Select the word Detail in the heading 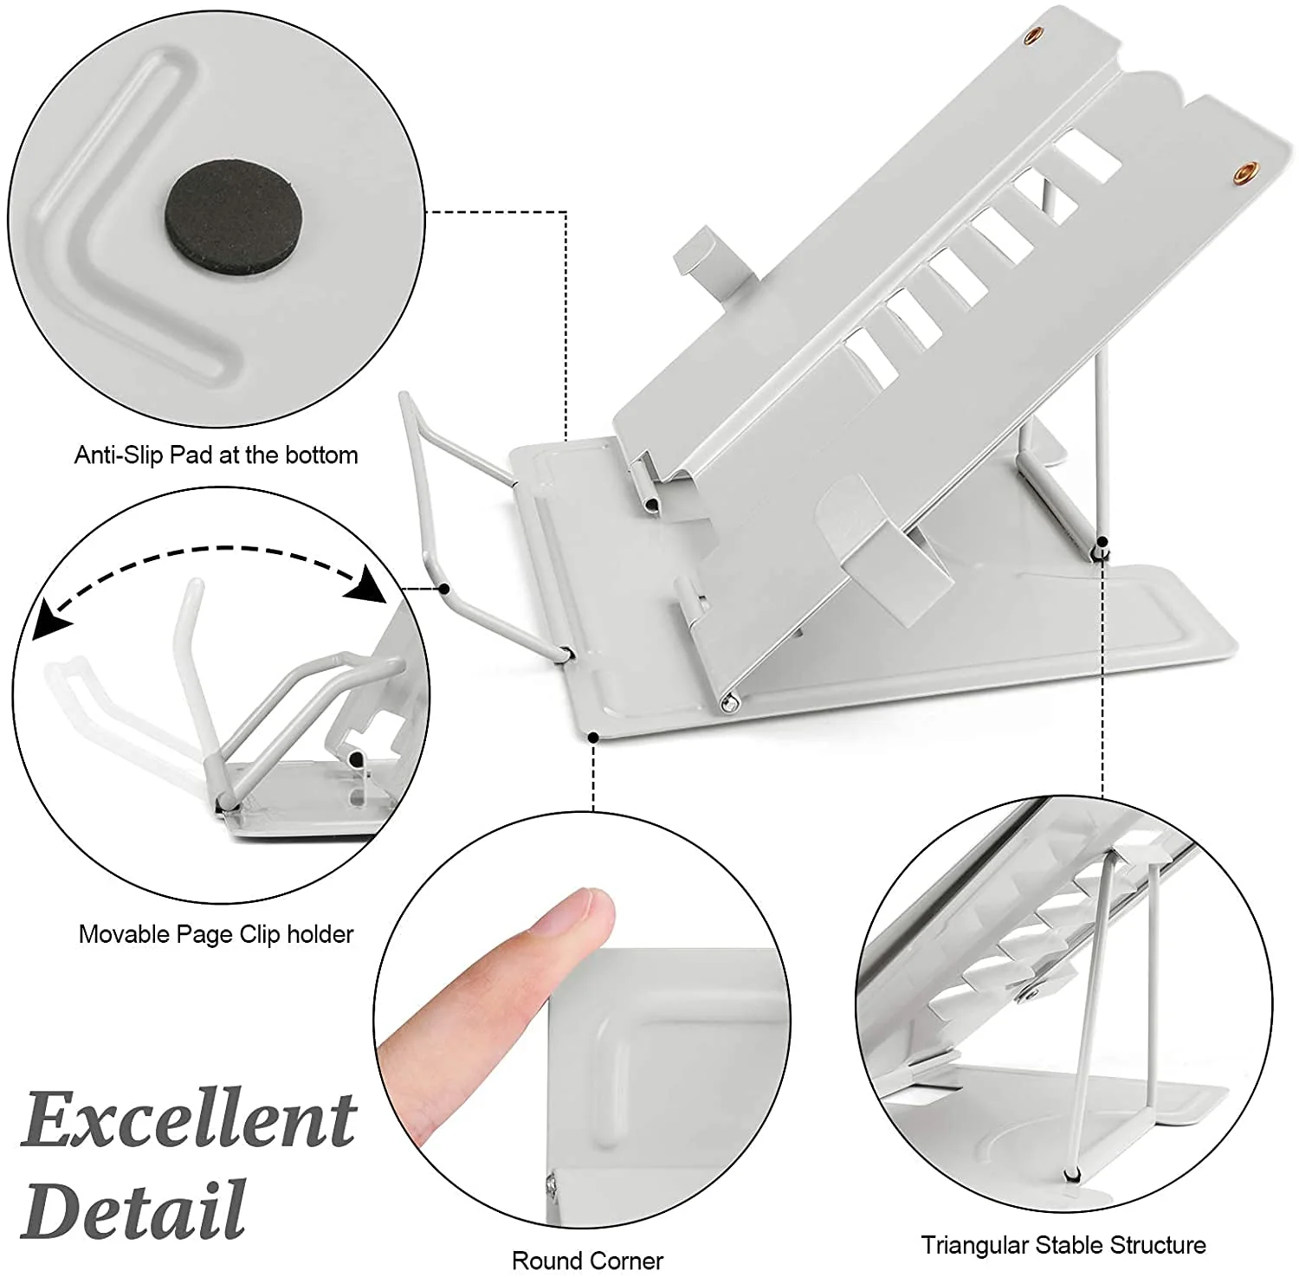point(134,1208)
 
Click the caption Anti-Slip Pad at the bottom point(216,455)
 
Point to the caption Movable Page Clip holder point(216,934)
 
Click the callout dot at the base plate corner point(593,738)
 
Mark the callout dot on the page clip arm point(443,589)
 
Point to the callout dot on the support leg point(1103,543)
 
